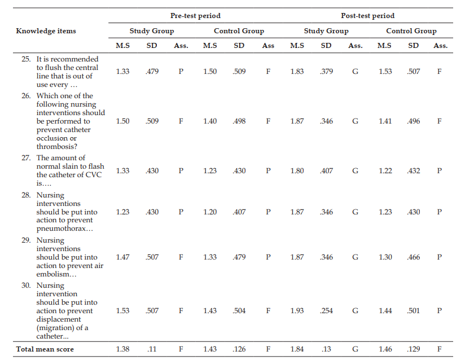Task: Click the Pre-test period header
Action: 195,16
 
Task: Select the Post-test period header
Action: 368,16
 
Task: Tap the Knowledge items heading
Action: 46,31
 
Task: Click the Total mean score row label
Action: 45,349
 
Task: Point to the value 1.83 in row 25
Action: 297,72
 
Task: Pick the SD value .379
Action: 326,72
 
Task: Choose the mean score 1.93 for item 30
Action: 297,310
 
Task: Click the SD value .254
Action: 326,310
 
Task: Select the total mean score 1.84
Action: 297,349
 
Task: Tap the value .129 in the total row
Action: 414,349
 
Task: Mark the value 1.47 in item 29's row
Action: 122,257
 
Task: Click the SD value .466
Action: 414,257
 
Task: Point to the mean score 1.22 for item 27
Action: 385,171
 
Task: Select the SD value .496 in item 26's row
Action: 414,121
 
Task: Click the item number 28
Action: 26,195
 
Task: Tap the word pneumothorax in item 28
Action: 61,229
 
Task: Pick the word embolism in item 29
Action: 52,274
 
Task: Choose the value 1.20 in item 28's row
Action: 210,212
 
